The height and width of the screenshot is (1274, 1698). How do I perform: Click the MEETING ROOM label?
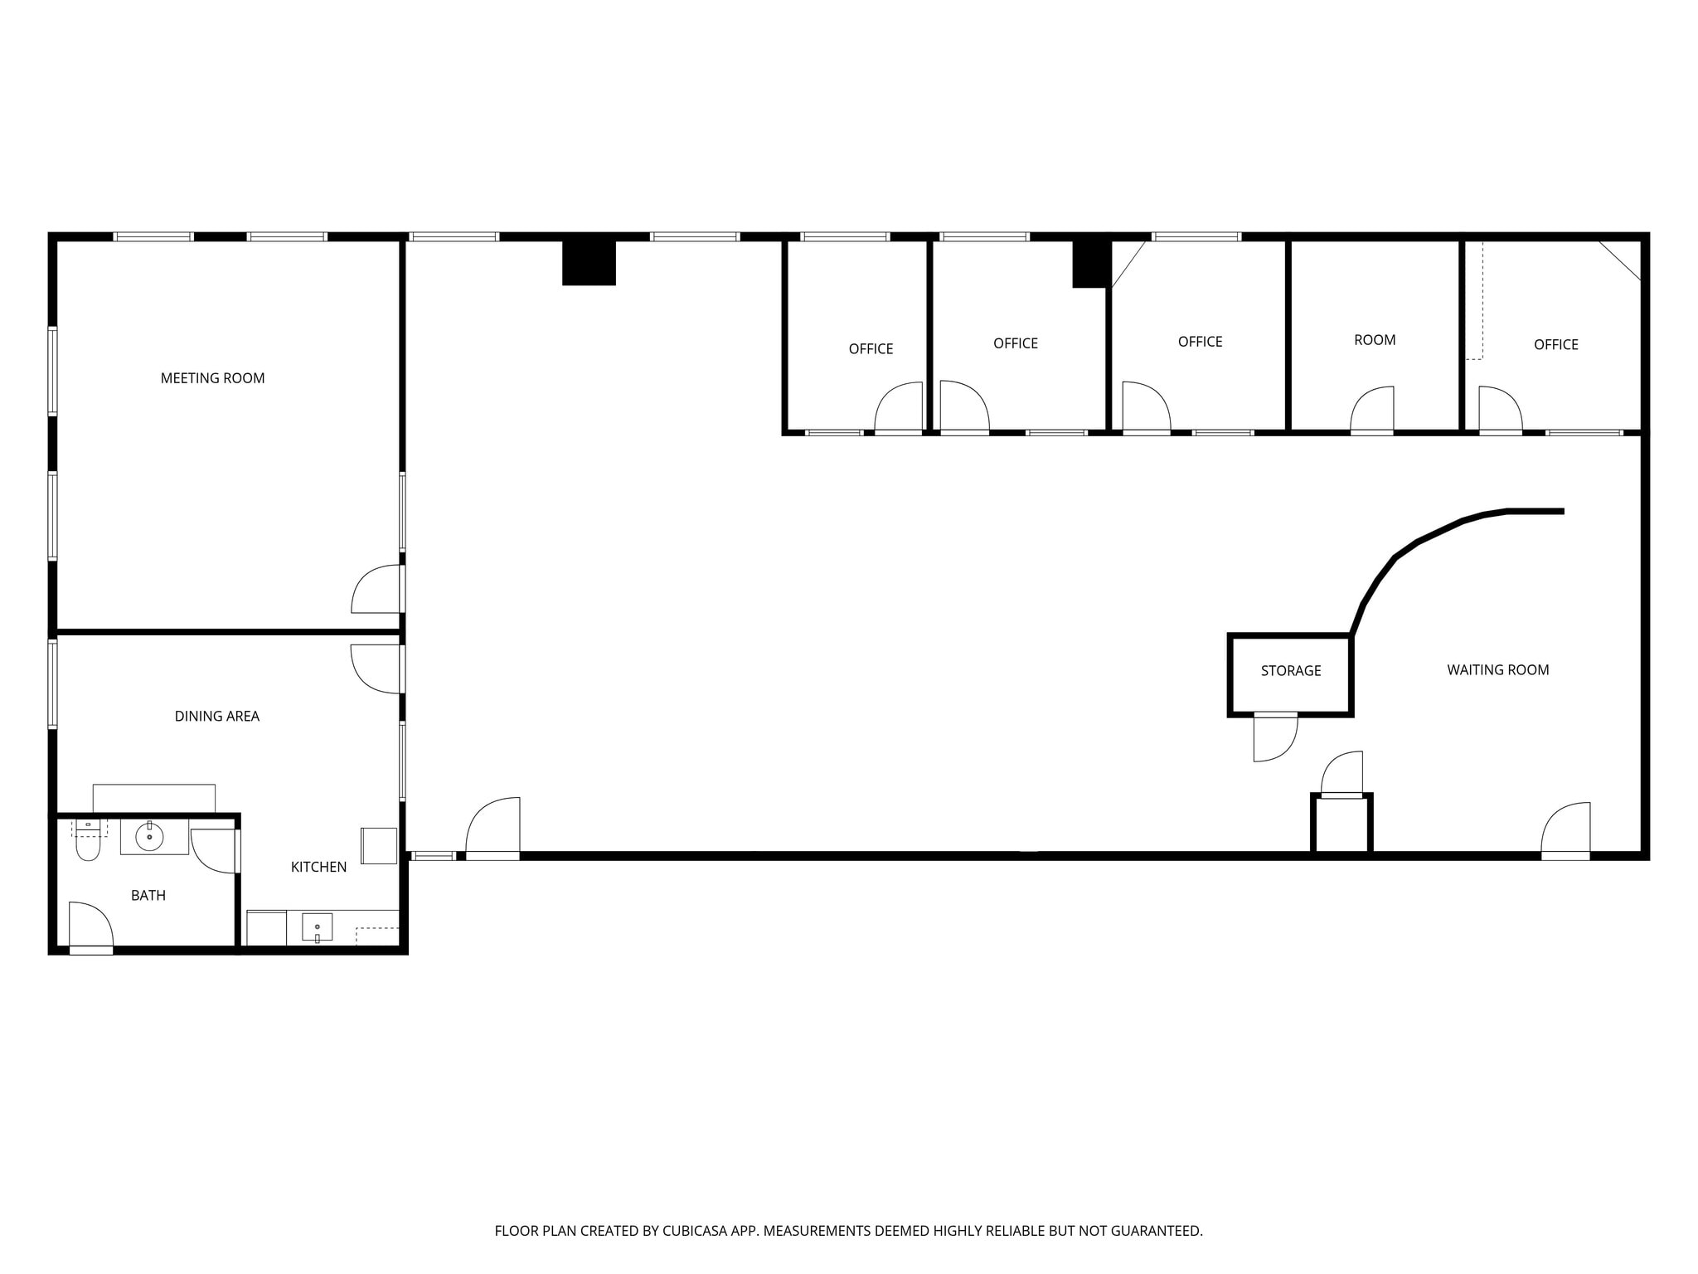(x=212, y=378)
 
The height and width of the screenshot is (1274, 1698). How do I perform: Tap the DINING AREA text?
(x=216, y=716)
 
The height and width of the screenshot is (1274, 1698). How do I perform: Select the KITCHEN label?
(x=318, y=867)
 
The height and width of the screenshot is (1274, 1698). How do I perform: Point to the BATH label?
(x=148, y=895)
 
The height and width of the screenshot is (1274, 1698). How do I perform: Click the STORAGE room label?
(x=1291, y=671)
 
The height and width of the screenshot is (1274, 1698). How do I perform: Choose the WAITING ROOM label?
(x=1497, y=670)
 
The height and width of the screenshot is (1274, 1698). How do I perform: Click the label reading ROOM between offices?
(x=1375, y=340)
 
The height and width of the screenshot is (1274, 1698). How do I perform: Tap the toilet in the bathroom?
(x=87, y=844)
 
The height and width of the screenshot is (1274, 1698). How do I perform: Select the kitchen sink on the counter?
(x=317, y=926)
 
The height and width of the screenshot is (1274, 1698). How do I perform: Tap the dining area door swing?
(x=375, y=669)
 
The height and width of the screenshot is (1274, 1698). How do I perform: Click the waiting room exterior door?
(x=1566, y=829)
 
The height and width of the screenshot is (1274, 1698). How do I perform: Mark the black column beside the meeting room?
(x=589, y=262)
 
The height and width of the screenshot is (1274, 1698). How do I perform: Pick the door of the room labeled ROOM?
(x=1373, y=411)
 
